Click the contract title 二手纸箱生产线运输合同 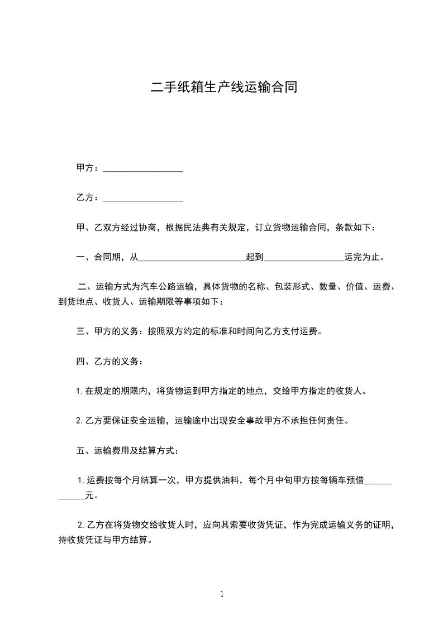221,87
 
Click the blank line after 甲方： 143,168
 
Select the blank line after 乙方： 143,198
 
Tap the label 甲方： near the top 88,168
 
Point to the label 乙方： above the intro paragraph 88,198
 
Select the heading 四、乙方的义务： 109,362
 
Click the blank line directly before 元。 71,495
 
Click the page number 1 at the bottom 222,594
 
